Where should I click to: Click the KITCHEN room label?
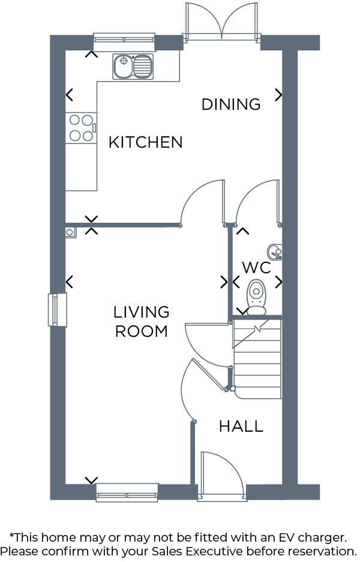(x=145, y=142)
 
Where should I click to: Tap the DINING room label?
(x=231, y=104)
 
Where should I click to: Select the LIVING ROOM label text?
(x=142, y=322)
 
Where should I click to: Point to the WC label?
(x=256, y=267)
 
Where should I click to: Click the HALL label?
(x=241, y=426)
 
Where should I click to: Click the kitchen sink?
(x=133, y=66)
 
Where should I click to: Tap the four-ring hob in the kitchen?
(x=81, y=128)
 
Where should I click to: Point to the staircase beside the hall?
(x=257, y=360)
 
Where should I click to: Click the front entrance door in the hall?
(x=222, y=474)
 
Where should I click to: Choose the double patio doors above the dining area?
(x=223, y=22)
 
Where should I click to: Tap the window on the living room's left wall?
(x=57, y=310)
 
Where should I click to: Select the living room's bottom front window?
(x=127, y=492)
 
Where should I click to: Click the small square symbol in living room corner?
(x=71, y=232)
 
